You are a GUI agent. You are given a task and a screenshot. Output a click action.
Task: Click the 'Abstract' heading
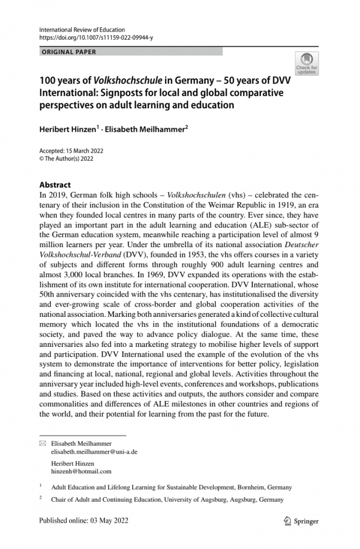coord(55,184)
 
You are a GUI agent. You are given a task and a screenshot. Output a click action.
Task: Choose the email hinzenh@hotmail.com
coord(81,471)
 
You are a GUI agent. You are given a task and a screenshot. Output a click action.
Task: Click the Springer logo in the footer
coord(301,521)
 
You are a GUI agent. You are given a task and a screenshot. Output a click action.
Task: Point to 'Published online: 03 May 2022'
coord(84,521)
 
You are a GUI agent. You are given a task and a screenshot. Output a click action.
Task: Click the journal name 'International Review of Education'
coord(82,30)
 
